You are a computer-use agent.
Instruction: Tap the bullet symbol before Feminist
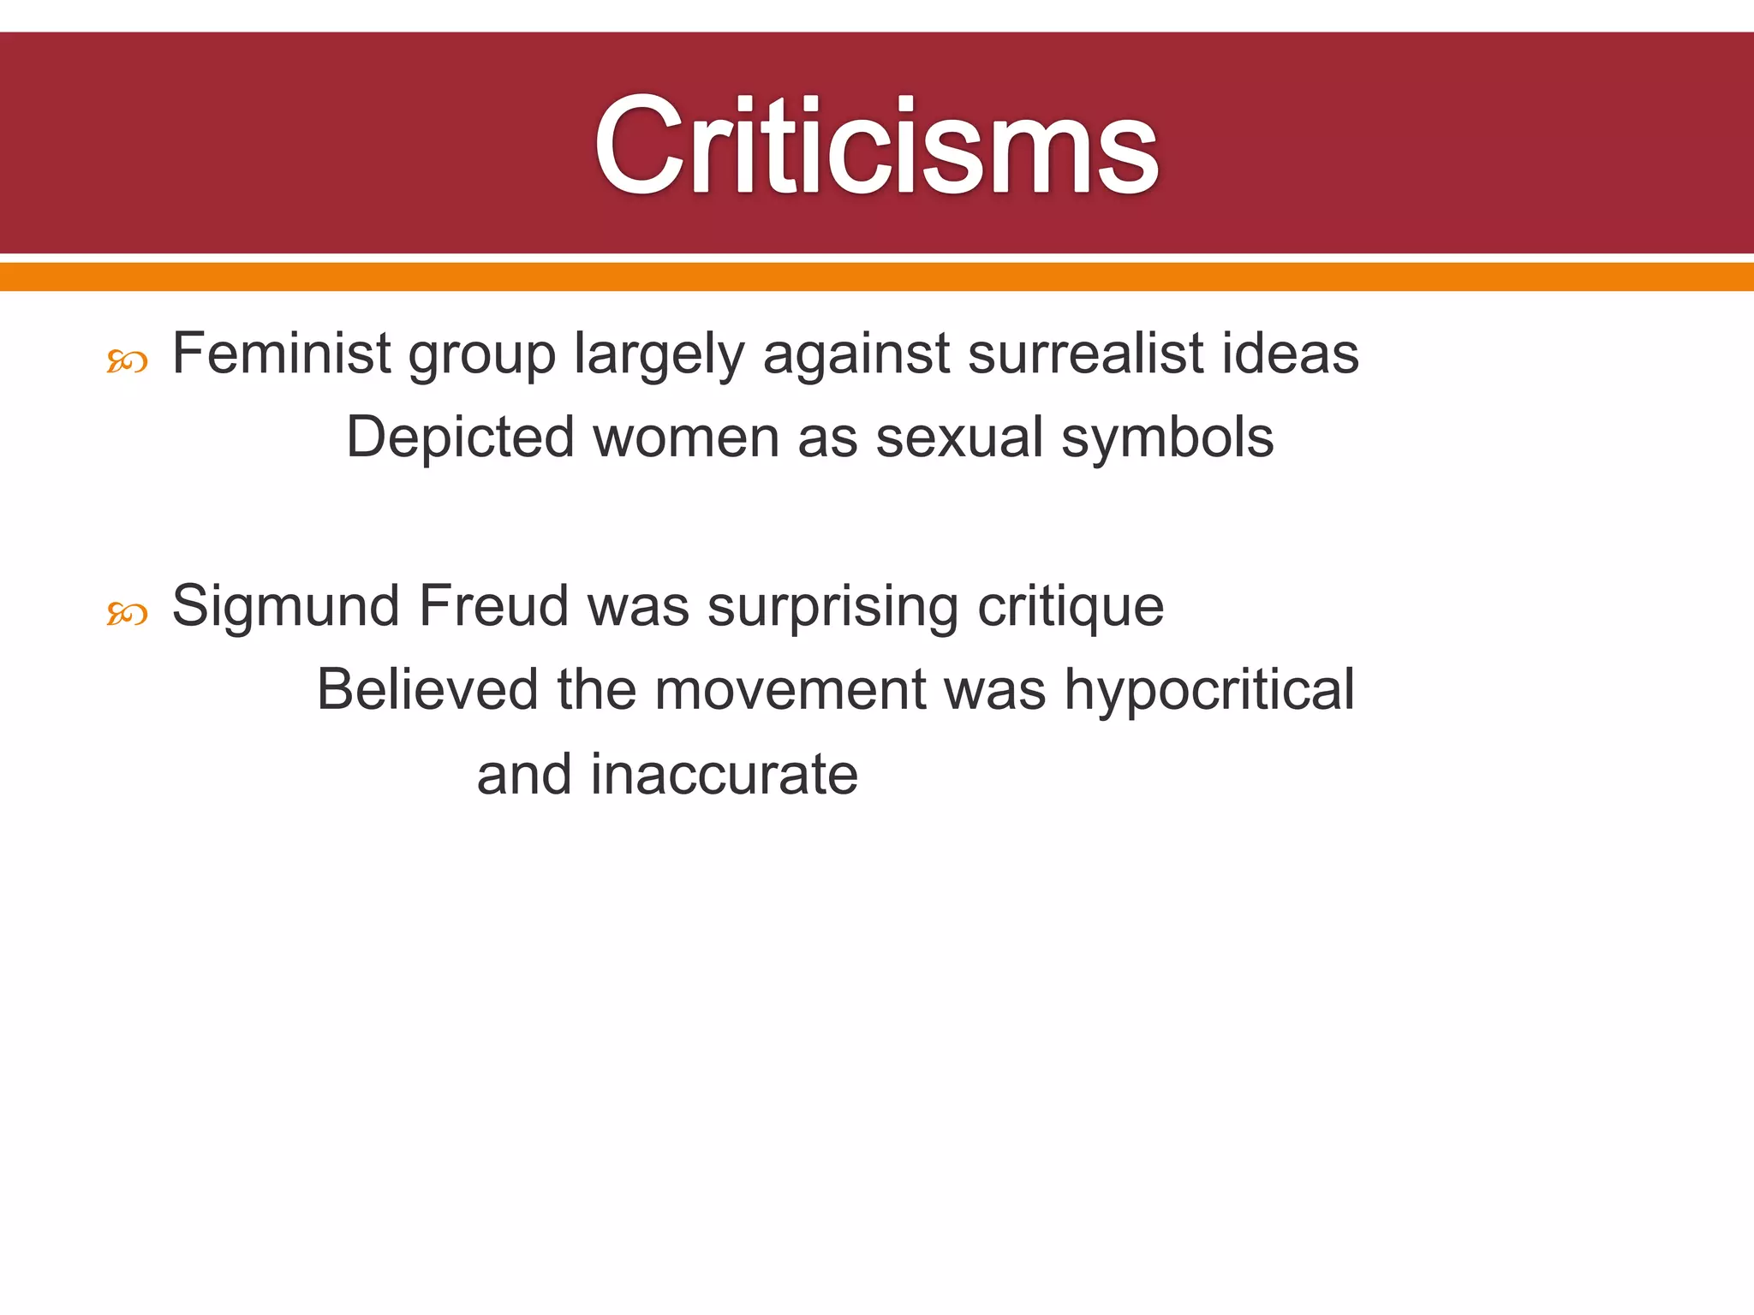point(127,363)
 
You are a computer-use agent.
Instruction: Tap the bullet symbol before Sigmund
point(127,614)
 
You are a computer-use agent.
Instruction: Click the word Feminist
point(282,353)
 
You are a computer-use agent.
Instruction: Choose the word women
point(686,437)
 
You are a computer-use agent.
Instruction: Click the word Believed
point(427,688)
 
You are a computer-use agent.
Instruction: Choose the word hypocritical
point(1209,690)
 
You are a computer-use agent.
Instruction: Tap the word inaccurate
point(724,774)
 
